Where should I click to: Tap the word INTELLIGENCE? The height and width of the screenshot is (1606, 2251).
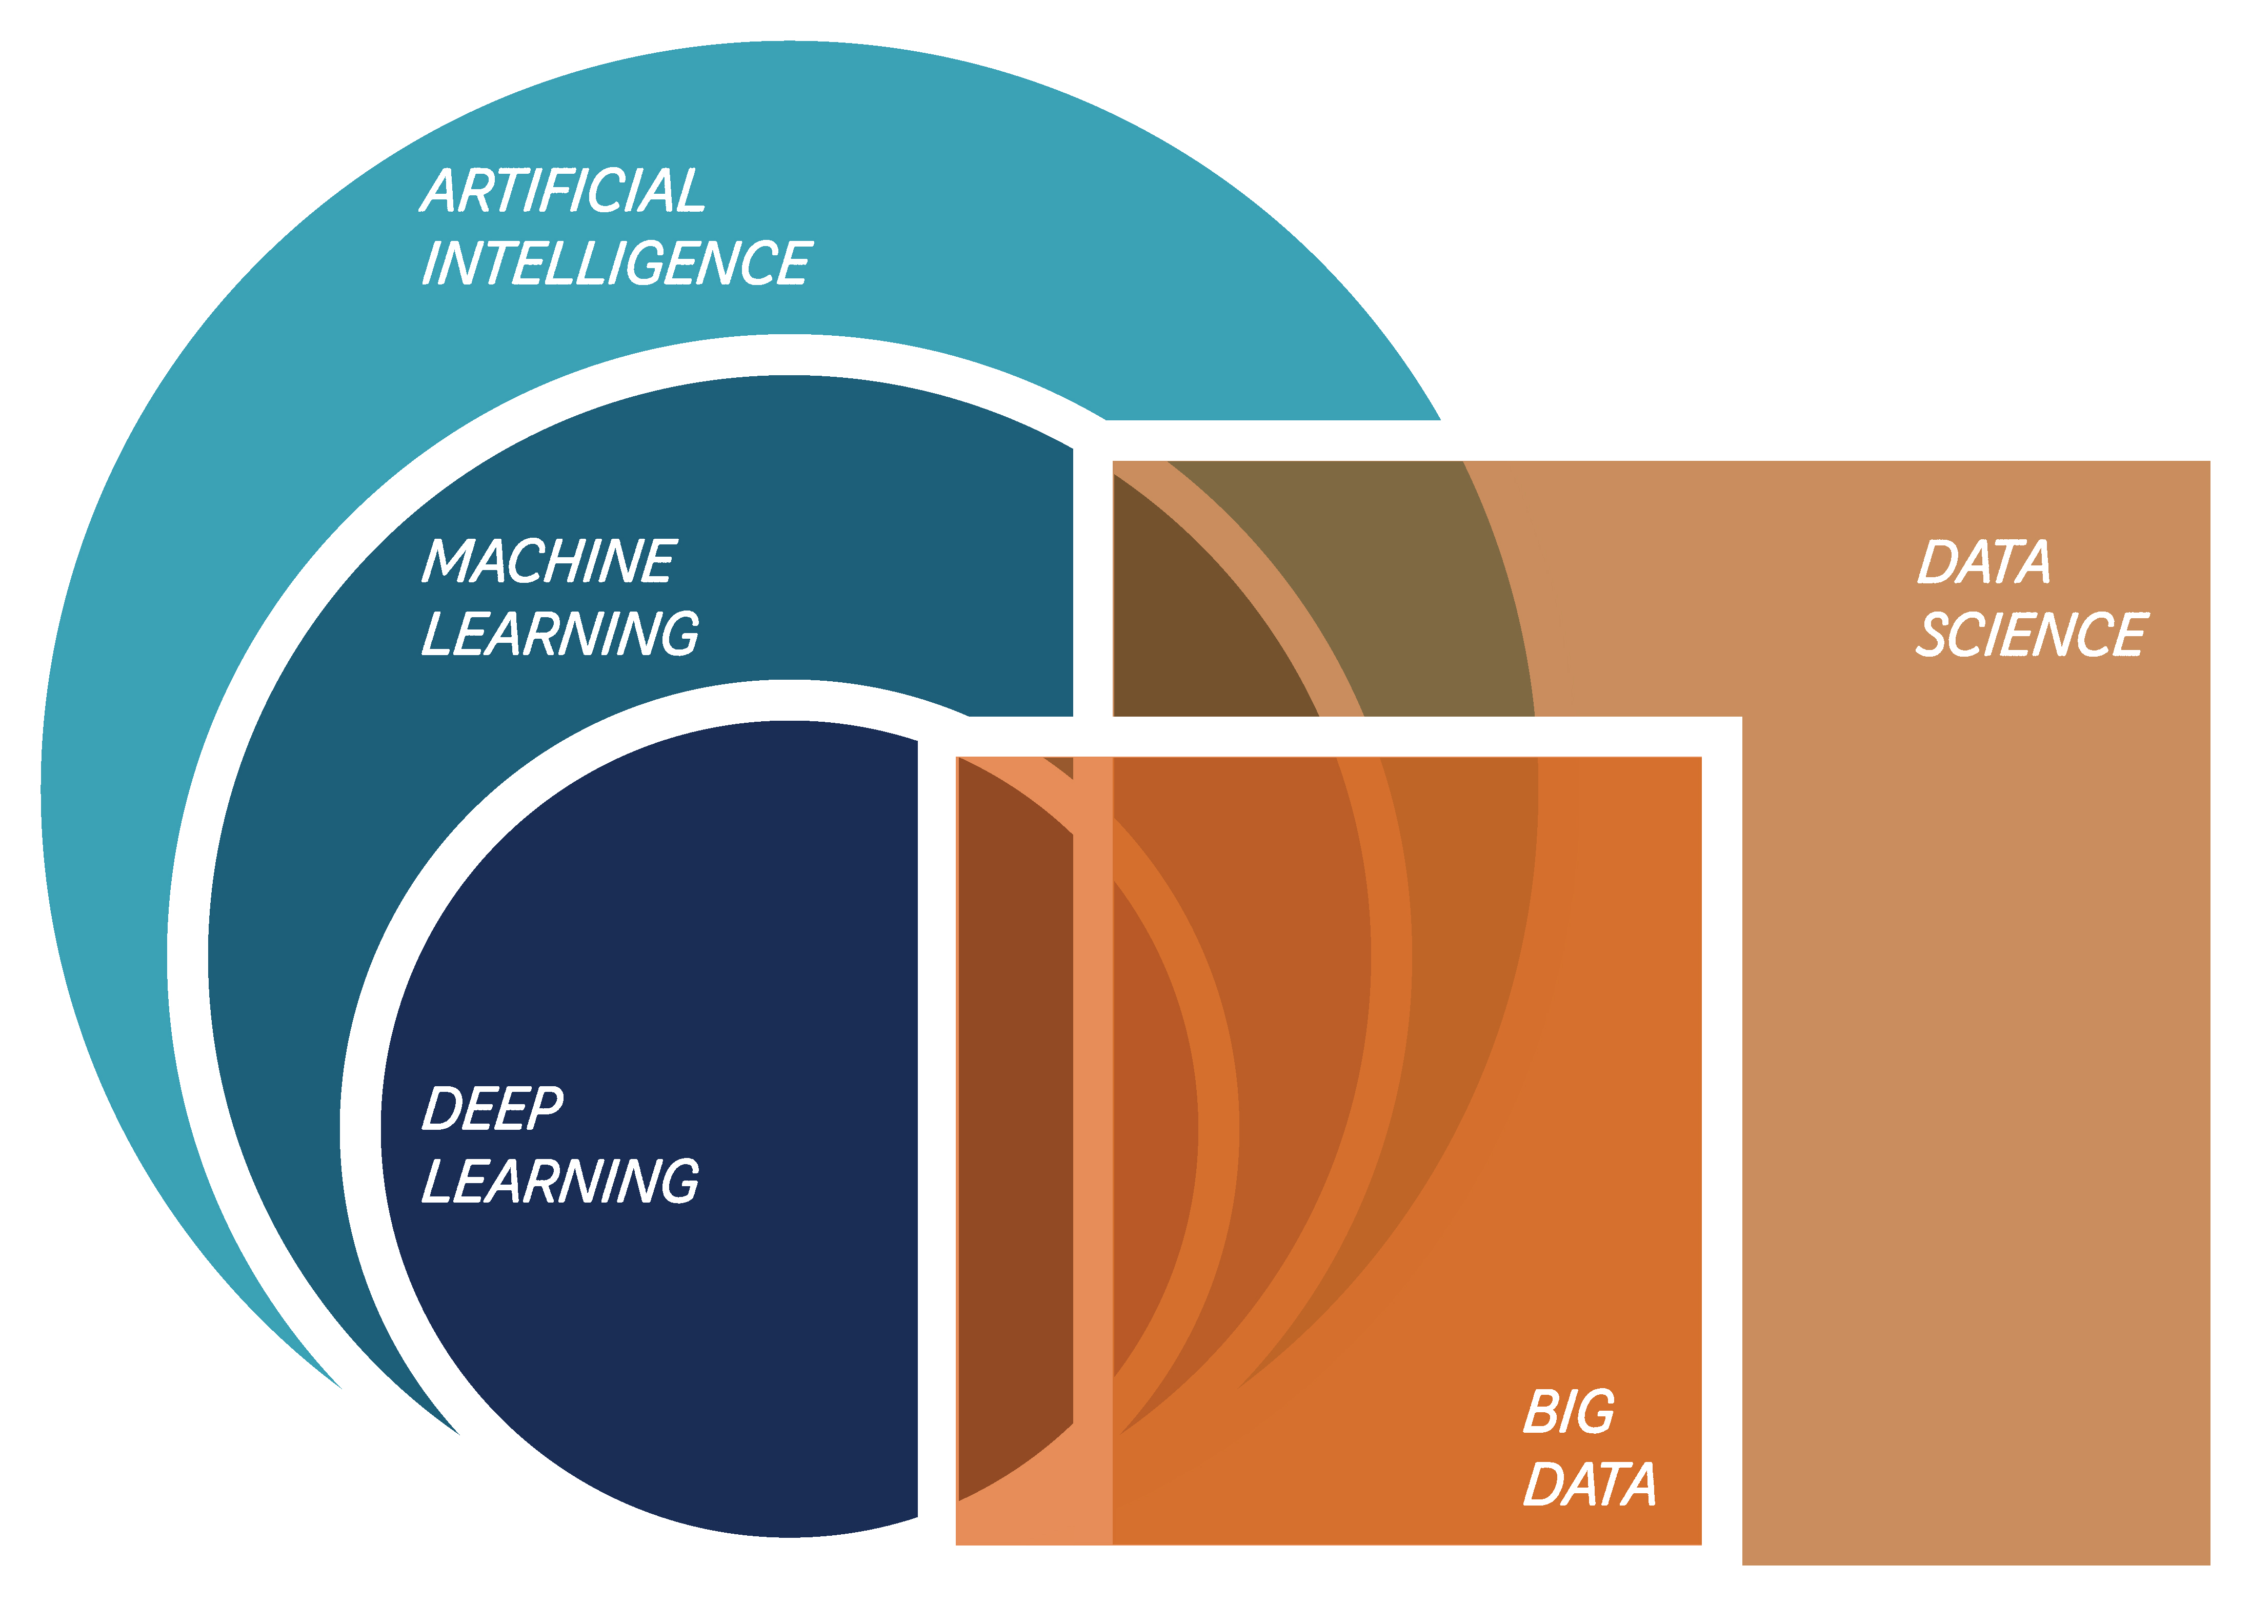point(616,263)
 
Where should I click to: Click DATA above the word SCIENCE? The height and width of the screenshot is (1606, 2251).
point(1984,562)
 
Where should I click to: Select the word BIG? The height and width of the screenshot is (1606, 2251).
point(1569,1412)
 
